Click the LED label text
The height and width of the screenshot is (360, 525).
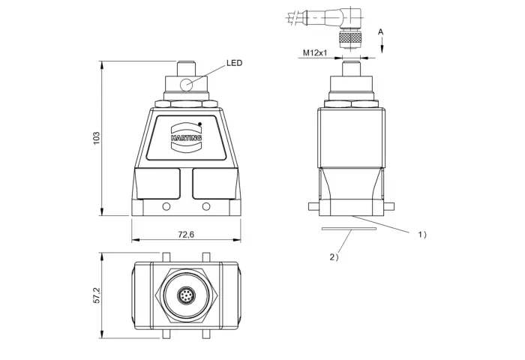(x=234, y=63)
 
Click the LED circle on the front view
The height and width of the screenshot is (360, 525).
(x=186, y=85)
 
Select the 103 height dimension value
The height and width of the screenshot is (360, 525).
(x=97, y=138)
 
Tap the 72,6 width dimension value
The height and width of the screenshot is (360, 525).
(x=186, y=235)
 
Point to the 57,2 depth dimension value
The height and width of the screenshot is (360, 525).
(x=97, y=295)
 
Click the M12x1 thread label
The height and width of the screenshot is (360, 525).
(x=315, y=52)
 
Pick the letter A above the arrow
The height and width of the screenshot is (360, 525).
(x=381, y=32)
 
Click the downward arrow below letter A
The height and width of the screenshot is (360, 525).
(x=382, y=45)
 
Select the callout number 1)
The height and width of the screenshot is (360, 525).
(x=422, y=235)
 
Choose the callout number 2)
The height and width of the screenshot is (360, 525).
(x=334, y=257)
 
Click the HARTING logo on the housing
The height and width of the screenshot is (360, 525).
(x=186, y=137)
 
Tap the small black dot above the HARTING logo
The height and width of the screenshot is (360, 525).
(x=200, y=124)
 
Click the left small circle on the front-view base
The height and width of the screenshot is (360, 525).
(x=166, y=206)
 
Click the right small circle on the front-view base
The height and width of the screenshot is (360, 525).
(x=206, y=206)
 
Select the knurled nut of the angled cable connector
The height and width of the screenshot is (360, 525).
(x=350, y=40)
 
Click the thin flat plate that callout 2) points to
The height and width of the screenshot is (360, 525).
(x=349, y=229)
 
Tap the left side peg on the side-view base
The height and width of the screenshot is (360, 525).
(x=313, y=206)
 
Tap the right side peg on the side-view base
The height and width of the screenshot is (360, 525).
(x=389, y=206)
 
